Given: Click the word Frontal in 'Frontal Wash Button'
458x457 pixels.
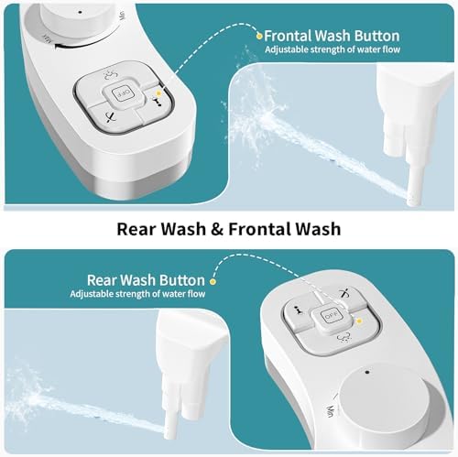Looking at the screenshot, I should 288,36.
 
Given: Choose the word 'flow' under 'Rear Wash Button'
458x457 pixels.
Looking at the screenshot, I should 192,294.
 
